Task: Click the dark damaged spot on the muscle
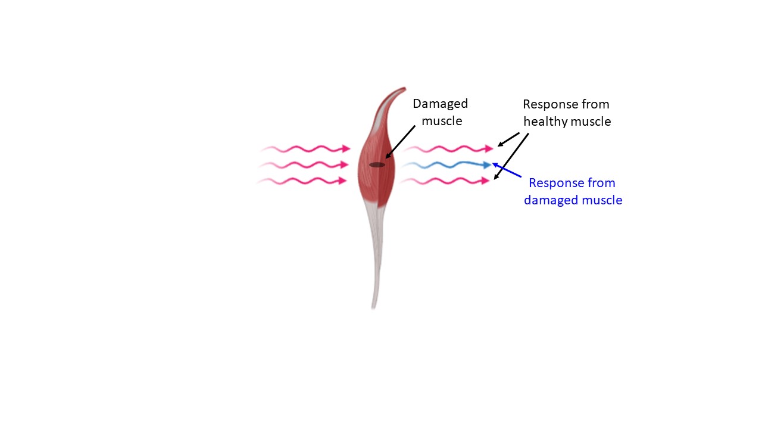tap(377, 165)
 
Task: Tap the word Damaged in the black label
tap(440, 104)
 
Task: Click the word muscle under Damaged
tap(442, 121)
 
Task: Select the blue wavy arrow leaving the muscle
tap(446, 165)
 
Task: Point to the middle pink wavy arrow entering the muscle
tap(304, 165)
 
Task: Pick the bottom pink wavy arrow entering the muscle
tap(302, 181)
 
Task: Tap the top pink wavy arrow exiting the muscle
tap(449, 149)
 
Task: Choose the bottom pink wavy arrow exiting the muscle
tap(445, 181)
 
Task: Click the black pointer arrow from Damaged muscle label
tap(401, 142)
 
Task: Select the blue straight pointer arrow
tap(507, 170)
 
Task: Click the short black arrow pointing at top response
tap(508, 139)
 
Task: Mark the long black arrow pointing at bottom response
tap(511, 156)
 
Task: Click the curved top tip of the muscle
tap(404, 89)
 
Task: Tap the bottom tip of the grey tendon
tap(373, 307)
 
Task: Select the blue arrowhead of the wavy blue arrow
tap(487, 165)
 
